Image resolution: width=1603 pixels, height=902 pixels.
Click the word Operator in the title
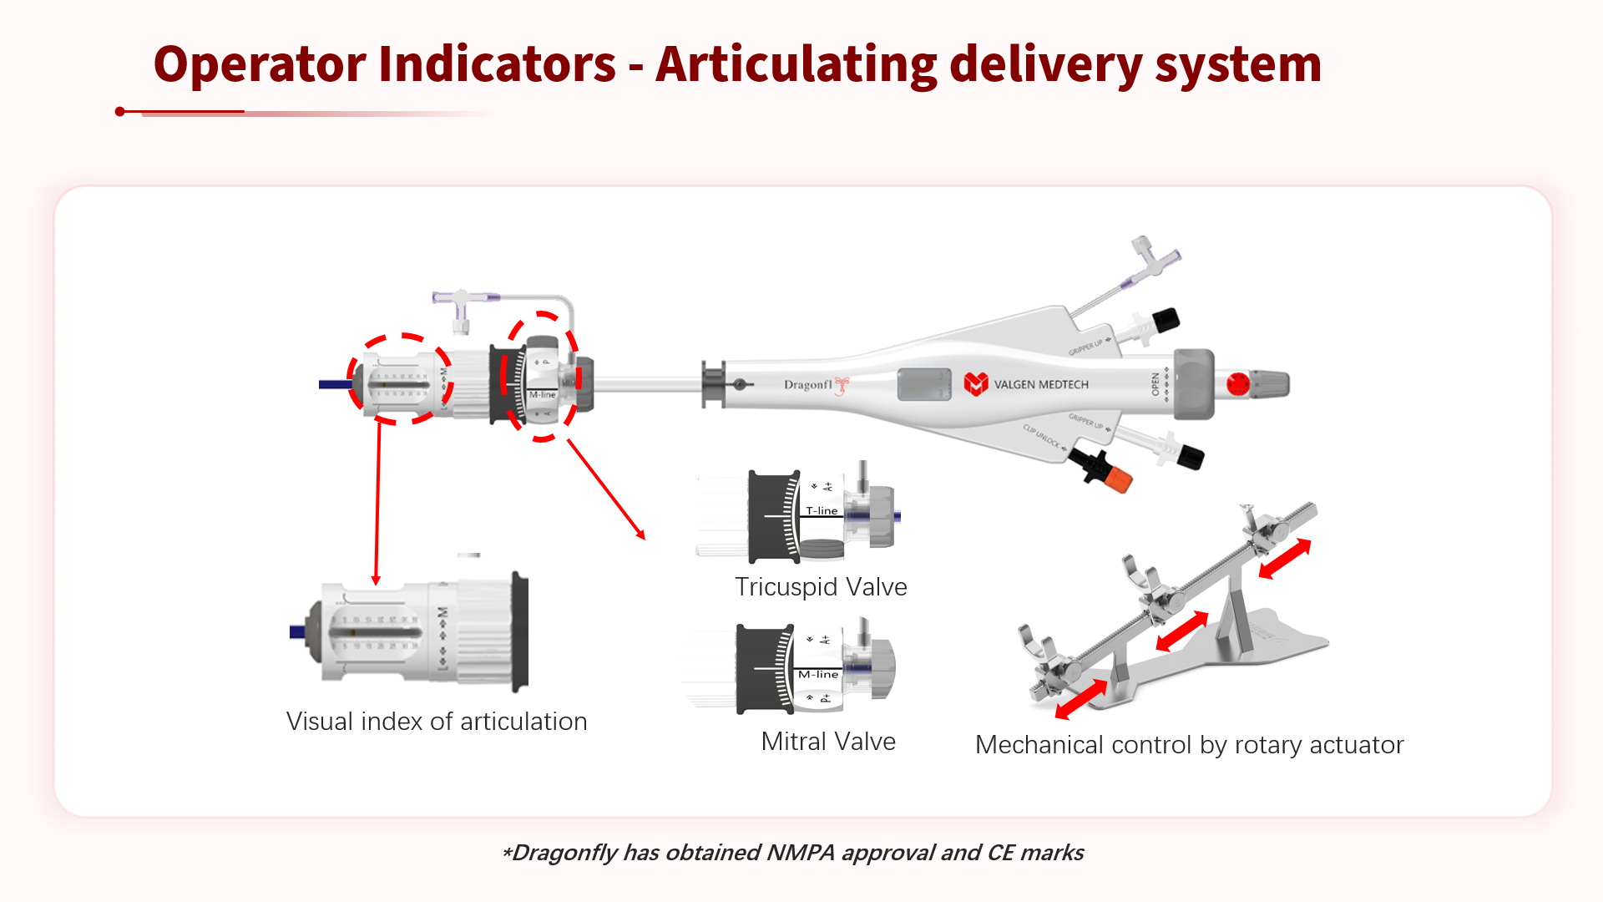(x=260, y=64)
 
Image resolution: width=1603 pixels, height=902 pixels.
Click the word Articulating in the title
(x=796, y=64)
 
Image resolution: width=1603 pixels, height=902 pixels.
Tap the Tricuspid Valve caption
(x=821, y=587)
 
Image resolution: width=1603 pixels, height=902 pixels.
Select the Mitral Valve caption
(x=828, y=742)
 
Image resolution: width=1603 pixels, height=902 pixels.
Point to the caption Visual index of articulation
(x=437, y=722)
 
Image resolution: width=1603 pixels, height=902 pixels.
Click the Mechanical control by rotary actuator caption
(x=1189, y=745)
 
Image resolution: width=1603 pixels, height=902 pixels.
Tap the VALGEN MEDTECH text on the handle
(x=1041, y=385)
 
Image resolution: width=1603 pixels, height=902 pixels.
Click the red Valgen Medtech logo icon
(x=975, y=384)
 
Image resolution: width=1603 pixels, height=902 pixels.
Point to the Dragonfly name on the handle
(x=808, y=385)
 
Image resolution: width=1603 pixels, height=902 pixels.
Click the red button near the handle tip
(x=1237, y=384)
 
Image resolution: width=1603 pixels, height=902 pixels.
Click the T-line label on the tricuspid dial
(x=822, y=510)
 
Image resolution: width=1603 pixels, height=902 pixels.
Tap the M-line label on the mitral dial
(x=818, y=674)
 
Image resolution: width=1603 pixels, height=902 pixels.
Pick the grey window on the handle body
(x=924, y=384)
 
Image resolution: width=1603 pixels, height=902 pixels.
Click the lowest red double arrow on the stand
(x=1081, y=700)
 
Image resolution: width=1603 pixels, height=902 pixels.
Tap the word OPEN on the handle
(x=1155, y=384)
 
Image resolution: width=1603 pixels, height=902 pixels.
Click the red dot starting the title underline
(x=120, y=111)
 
